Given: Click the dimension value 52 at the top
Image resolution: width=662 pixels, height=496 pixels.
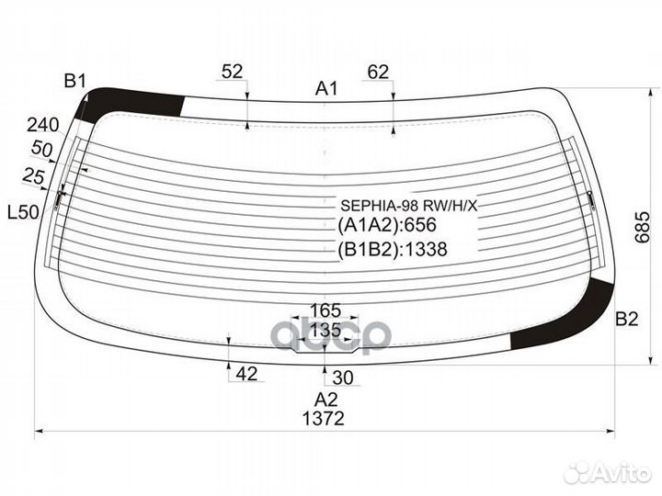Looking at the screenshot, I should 233,72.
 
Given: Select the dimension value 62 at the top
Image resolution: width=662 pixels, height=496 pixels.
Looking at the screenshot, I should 378,72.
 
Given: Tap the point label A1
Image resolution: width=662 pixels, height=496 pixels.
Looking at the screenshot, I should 327,89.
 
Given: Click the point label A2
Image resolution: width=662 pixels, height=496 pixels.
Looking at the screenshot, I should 325,400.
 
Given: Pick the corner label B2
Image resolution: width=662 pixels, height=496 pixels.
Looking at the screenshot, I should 626,320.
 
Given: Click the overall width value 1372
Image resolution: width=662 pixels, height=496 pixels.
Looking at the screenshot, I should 322,419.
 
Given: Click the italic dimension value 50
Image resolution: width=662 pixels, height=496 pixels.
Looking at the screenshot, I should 41,150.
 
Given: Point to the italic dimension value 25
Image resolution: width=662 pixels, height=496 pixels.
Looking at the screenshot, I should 34,175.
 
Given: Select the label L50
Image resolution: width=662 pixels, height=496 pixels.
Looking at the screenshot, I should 23,212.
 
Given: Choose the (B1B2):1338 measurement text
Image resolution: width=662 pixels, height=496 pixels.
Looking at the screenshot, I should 392,249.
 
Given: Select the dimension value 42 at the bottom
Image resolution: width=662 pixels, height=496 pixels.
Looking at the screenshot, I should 246,373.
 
